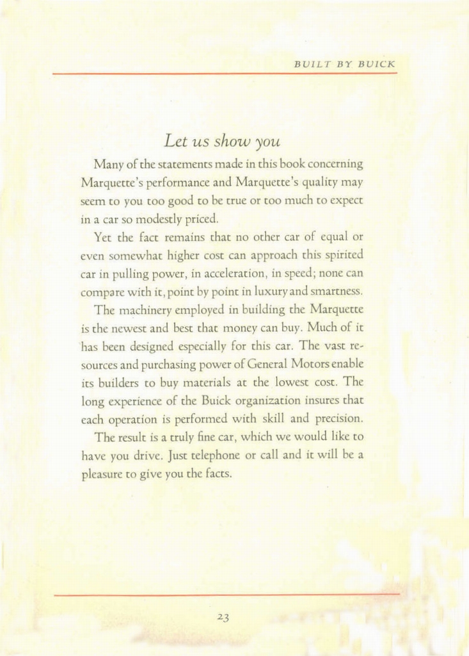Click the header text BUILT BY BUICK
coord(345,64)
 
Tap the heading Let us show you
coord(223,139)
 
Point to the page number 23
coord(223,617)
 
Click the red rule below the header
coord(225,74)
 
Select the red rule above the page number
coord(227,594)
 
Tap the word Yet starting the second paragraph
coord(102,236)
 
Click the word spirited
coord(344,254)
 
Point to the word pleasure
coord(104,475)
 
